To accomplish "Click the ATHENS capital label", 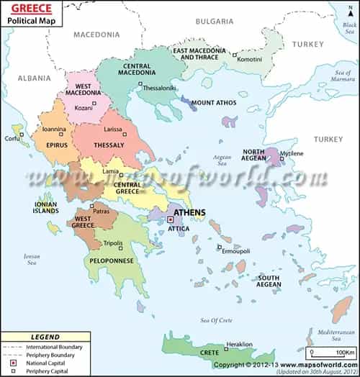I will point(189,213).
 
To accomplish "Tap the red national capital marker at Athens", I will point(171,219).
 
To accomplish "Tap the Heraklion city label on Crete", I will point(239,345).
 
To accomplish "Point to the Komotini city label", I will point(250,58).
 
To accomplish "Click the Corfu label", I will point(12,137).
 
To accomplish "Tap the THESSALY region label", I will point(109,145).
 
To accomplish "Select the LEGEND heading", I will point(45,337).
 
